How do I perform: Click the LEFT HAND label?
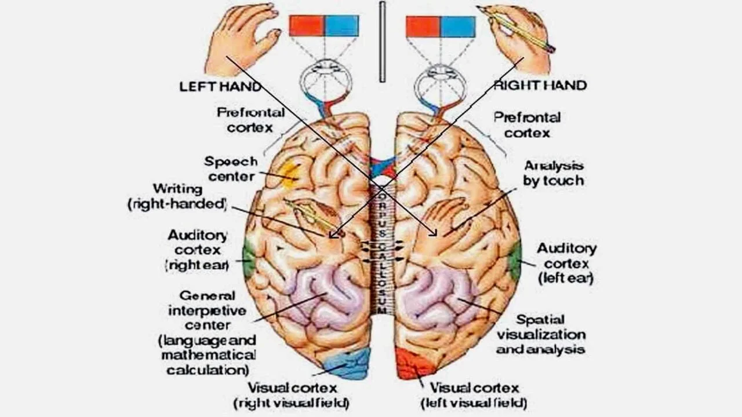pyautogui.click(x=220, y=86)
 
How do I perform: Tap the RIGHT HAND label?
pyautogui.click(x=540, y=85)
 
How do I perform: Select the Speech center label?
pyautogui.click(x=230, y=169)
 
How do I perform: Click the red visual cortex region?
pyautogui.click(x=413, y=364)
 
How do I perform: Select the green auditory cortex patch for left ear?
pyautogui.click(x=515, y=261)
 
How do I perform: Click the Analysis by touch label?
pyautogui.click(x=553, y=173)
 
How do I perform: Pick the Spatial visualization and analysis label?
pyautogui.click(x=540, y=334)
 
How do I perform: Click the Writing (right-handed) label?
pyautogui.click(x=177, y=196)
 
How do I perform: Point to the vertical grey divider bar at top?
pyautogui.click(x=381, y=42)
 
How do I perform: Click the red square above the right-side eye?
pyautogui.click(x=423, y=27)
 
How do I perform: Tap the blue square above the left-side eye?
pyautogui.click(x=341, y=26)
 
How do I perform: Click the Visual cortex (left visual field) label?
pyautogui.click(x=474, y=396)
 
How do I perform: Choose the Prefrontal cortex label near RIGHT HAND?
pyautogui.click(x=527, y=125)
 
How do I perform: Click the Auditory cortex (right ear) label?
pyautogui.click(x=198, y=250)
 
